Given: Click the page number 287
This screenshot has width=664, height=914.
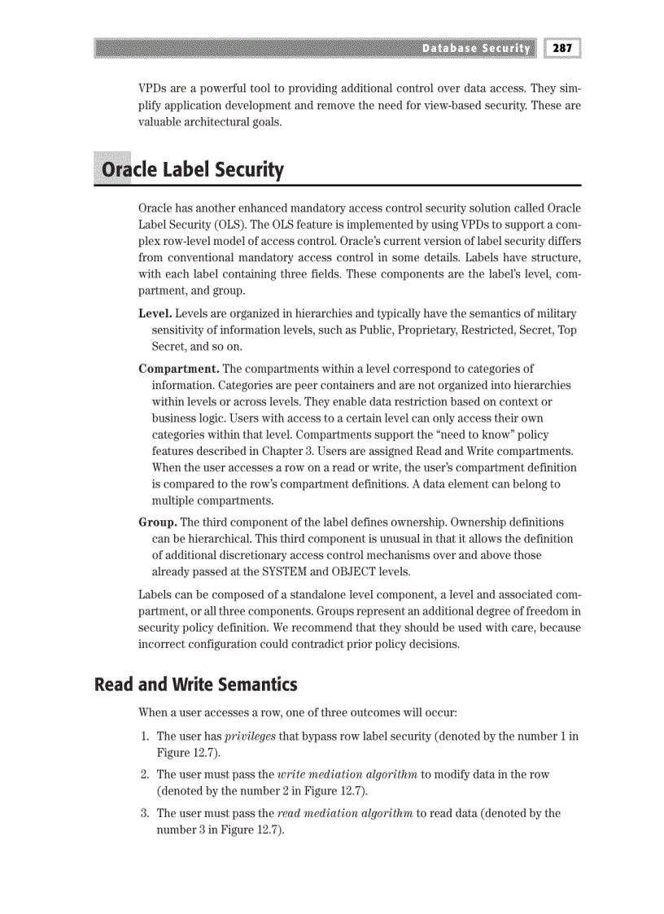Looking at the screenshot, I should [x=562, y=48].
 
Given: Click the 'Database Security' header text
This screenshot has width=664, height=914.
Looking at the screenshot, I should [x=475, y=48].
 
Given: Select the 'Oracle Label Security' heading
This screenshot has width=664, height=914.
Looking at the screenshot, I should [x=191, y=170].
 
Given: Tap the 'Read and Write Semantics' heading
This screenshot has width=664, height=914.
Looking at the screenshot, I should [x=196, y=684].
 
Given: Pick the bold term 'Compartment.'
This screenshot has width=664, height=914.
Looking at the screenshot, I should [x=179, y=369].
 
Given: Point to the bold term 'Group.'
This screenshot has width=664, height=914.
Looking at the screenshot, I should [x=157, y=522].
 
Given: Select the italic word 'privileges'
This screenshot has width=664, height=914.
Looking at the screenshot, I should [x=250, y=737].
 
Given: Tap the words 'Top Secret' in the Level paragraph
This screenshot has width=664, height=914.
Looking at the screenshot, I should [x=559, y=330].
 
